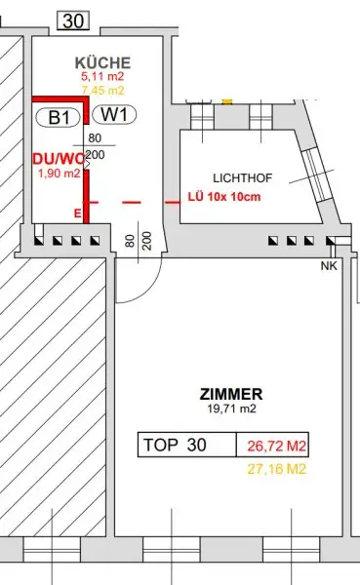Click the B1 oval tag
click(58, 116)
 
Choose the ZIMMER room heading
click(231, 394)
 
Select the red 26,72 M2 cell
click(276, 446)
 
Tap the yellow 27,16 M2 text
click(276, 468)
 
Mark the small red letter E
click(77, 212)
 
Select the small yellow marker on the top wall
click(227, 99)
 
